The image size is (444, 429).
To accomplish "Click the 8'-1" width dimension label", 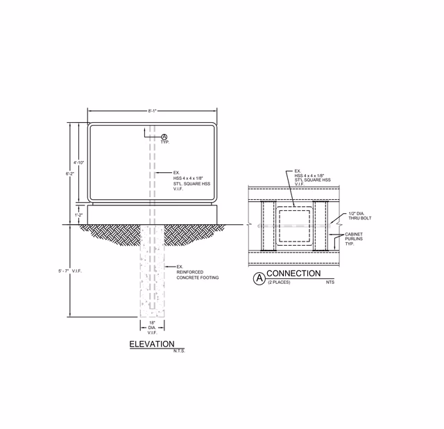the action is click(x=152, y=111).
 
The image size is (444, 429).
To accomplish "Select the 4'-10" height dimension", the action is click(x=78, y=162).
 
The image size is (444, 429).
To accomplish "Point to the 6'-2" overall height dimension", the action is click(x=69, y=174).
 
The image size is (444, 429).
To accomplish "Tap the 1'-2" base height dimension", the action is click(x=78, y=215).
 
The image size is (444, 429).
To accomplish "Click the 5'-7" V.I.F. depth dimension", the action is click(x=70, y=271).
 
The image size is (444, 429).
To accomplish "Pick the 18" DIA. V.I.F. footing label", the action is click(x=153, y=328).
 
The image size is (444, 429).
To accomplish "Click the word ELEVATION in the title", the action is click(x=152, y=344).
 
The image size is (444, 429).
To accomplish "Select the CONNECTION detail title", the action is click(x=293, y=273).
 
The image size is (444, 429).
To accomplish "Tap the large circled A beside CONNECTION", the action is click(x=259, y=279).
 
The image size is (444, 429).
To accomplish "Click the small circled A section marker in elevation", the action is click(x=164, y=137).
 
